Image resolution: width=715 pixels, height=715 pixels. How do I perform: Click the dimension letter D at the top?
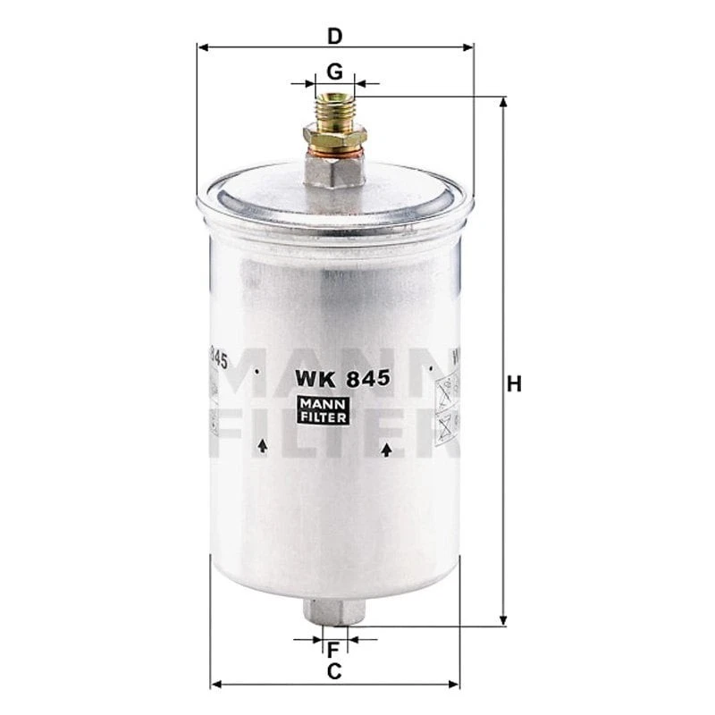334,37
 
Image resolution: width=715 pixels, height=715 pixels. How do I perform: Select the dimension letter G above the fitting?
334,71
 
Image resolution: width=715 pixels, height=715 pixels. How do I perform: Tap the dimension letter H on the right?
513,385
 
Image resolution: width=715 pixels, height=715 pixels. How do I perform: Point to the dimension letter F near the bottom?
333,649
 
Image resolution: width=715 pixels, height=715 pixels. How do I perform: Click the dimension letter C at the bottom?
334,671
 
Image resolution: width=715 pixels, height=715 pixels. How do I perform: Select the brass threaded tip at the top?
333,106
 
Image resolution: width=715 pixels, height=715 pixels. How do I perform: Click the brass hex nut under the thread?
334,138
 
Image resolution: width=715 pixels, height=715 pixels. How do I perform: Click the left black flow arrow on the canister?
262,445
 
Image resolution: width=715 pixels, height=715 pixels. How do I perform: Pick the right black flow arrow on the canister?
386,450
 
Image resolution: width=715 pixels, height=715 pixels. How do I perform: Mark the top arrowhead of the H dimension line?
503,103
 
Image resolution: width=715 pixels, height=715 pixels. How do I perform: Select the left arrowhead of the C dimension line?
215,686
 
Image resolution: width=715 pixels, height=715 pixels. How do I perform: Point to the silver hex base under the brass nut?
334,170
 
